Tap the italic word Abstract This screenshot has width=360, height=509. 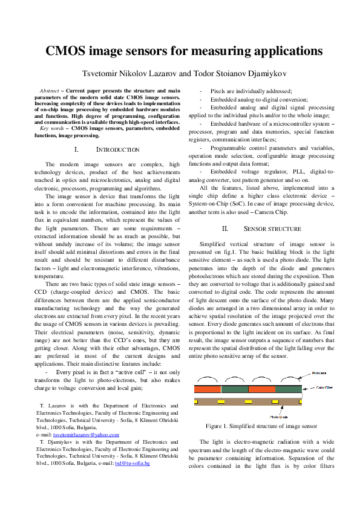pos(49,90)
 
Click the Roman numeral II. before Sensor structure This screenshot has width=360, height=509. pos(224,229)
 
